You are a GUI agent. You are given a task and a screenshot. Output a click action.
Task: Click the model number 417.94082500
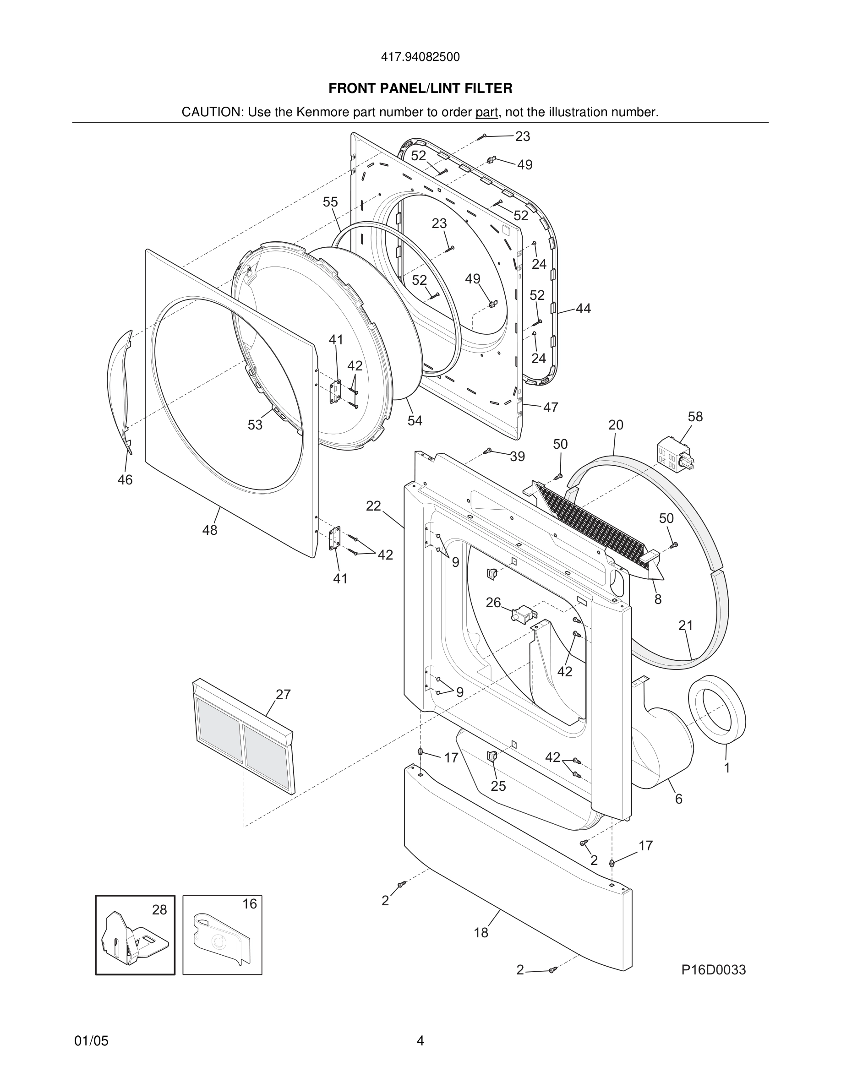click(x=420, y=57)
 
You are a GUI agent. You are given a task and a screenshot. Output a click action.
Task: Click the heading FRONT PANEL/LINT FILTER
click(x=420, y=88)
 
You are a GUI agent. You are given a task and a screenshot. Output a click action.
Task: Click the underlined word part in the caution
click(x=486, y=112)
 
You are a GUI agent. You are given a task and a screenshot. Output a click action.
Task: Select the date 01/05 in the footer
click(x=91, y=1041)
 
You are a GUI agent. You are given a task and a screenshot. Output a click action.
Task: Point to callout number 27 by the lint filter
click(x=283, y=695)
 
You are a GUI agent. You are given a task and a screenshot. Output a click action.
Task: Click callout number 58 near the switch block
click(x=695, y=416)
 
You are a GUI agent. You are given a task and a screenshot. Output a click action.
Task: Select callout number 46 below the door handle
click(x=125, y=480)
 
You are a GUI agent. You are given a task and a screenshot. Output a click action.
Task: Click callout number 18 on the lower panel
click(x=481, y=933)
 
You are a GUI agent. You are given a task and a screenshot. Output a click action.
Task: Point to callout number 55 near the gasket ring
click(x=330, y=202)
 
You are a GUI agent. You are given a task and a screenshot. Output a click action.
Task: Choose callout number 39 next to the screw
click(x=517, y=457)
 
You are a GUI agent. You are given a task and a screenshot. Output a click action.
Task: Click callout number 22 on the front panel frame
click(x=373, y=506)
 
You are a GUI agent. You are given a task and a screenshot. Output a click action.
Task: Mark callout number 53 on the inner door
click(x=255, y=424)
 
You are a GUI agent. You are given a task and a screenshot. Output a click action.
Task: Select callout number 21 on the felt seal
click(x=686, y=625)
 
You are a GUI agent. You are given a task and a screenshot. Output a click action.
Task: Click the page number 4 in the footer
click(x=420, y=1041)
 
